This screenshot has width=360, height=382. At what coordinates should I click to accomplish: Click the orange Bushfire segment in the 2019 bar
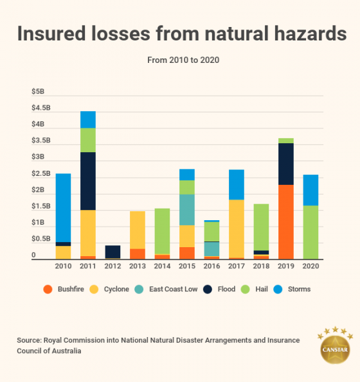point(285,221)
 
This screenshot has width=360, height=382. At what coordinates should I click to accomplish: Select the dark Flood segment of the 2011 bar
point(88,181)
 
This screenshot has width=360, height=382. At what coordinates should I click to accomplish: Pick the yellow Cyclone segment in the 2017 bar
point(236,229)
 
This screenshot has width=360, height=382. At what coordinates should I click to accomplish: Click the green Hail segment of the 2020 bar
point(310,232)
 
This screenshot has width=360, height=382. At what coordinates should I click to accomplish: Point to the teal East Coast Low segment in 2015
point(186,209)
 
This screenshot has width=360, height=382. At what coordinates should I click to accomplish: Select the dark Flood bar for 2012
point(113,251)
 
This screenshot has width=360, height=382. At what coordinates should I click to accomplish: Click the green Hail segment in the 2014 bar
point(162,231)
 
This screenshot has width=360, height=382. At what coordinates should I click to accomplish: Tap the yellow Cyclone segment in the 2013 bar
point(137,230)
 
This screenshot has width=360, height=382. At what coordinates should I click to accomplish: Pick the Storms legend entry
point(293,289)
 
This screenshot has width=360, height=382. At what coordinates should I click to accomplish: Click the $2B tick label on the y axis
point(37,191)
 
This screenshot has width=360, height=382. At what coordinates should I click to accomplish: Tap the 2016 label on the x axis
point(212,266)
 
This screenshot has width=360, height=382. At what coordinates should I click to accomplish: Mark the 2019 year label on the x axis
point(285,266)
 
